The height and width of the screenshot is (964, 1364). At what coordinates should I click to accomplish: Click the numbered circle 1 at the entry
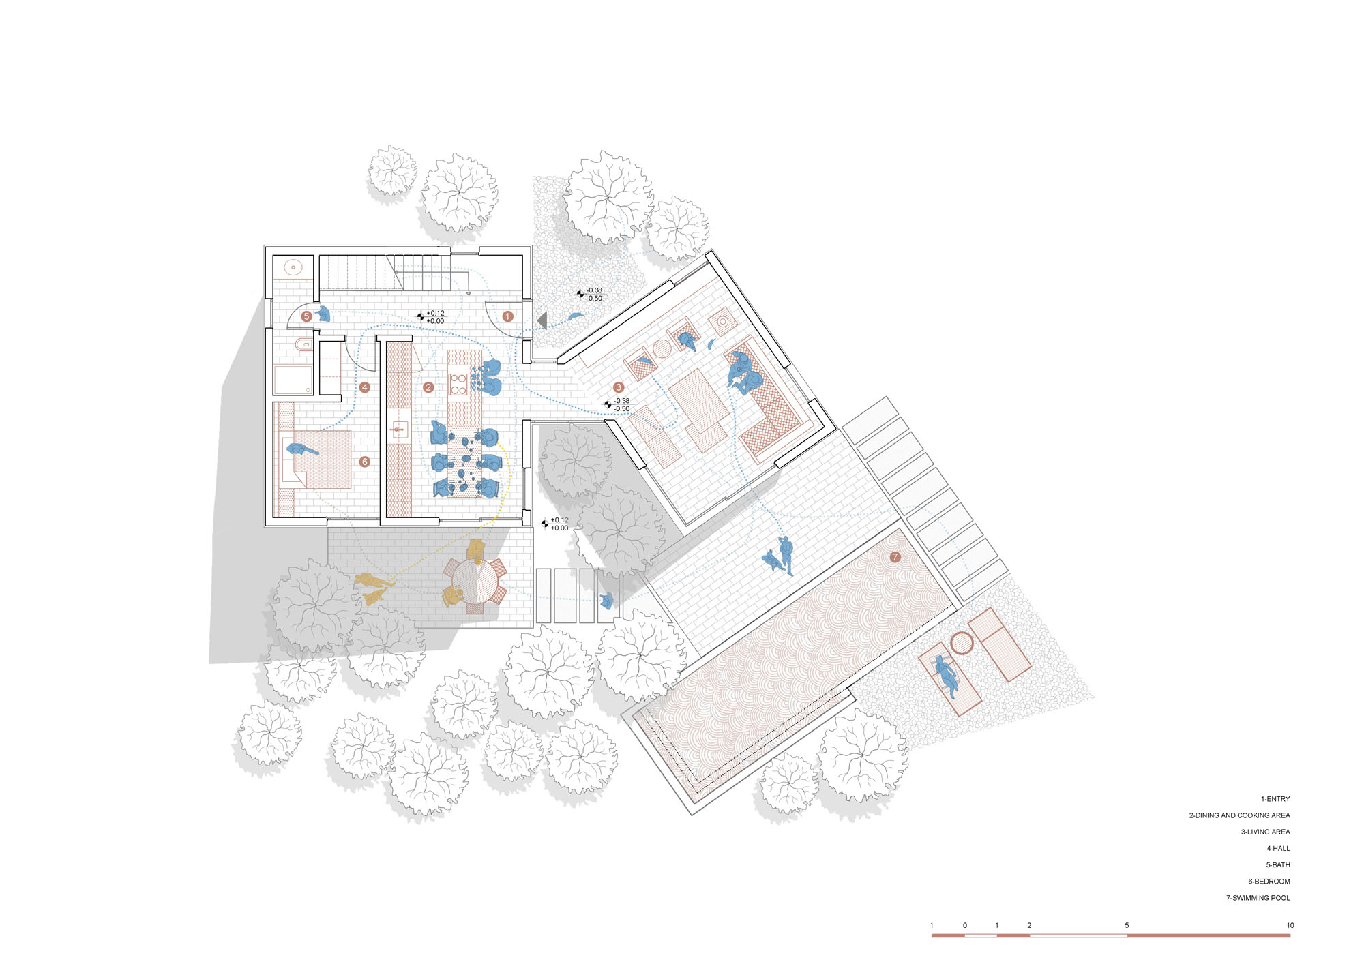coord(507,316)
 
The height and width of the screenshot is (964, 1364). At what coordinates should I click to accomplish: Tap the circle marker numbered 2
coord(428,387)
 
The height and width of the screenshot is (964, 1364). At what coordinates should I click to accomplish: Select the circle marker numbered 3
coord(619,387)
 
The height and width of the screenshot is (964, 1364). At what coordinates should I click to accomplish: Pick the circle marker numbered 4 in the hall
coord(365,387)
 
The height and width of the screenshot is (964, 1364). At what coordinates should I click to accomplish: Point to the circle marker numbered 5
coord(307,316)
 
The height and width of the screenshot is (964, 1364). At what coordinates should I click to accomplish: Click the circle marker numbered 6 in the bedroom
coord(365,462)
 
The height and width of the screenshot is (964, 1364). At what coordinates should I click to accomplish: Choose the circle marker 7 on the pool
coord(895,557)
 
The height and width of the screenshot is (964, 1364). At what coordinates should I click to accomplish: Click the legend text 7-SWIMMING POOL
coord(1258,898)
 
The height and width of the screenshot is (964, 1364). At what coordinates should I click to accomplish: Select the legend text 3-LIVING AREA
coord(1266,832)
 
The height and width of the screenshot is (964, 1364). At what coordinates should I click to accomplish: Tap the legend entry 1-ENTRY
coord(1275,798)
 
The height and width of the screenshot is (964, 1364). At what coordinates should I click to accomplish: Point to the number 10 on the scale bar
coord(1290,925)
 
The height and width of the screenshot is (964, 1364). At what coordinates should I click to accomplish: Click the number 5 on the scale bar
coord(1127,925)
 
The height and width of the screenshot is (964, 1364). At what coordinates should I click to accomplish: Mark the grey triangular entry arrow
coord(543,319)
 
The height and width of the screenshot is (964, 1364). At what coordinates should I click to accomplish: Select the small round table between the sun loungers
coord(962,643)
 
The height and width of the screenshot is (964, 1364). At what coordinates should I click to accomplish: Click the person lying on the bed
coord(301,450)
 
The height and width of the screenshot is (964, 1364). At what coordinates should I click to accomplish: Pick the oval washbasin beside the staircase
coord(294,267)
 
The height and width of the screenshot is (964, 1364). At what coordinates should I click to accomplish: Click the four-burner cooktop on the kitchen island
coord(458,384)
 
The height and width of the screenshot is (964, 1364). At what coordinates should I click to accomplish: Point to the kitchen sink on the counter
coord(400,430)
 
